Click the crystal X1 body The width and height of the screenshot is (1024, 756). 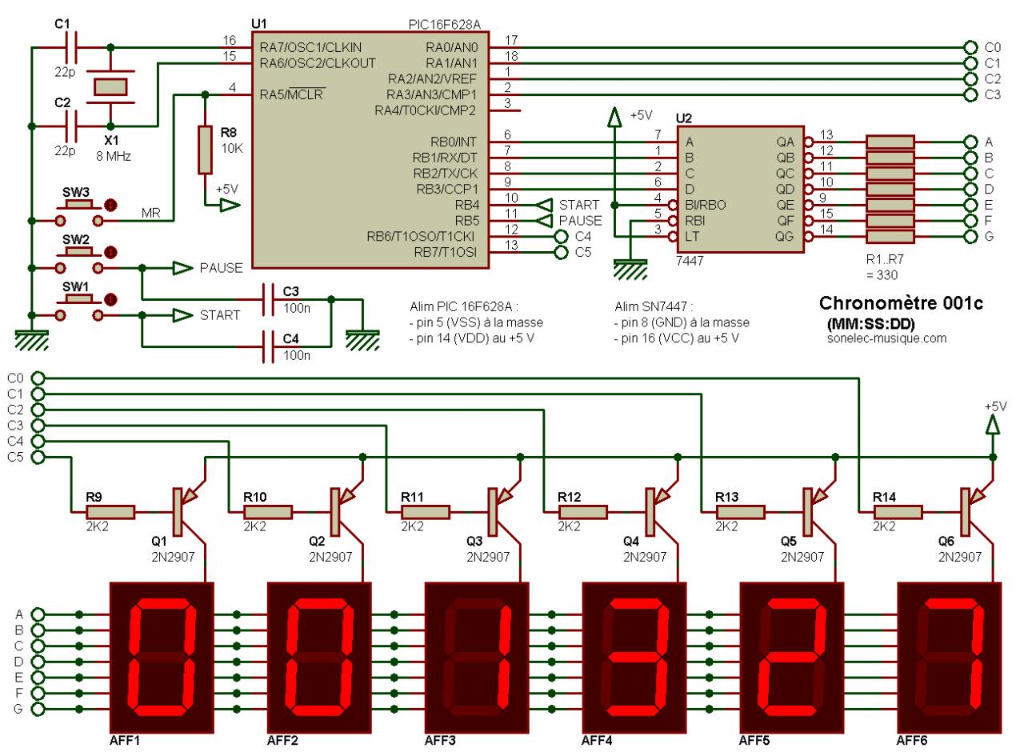coord(110,87)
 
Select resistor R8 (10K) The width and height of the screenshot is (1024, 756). coord(205,150)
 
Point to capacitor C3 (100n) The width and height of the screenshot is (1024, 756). coord(268,299)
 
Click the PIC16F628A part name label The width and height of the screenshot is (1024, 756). coord(444,25)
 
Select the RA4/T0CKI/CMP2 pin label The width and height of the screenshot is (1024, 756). coord(425,111)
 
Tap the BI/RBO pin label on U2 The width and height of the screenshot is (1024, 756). coord(705,205)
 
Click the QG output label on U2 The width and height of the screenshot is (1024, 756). coord(784,237)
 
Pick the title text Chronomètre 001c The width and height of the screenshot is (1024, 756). coord(901,303)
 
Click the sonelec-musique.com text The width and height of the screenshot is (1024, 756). coord(886,338)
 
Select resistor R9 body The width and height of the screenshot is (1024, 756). coord(110,512)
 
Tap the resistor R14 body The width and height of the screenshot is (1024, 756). coord(898,512)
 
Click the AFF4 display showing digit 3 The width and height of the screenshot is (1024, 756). coord(634,658)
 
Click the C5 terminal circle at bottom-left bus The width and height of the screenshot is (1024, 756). coord(38,458)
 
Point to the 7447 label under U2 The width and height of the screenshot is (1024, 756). coord(690,261)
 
